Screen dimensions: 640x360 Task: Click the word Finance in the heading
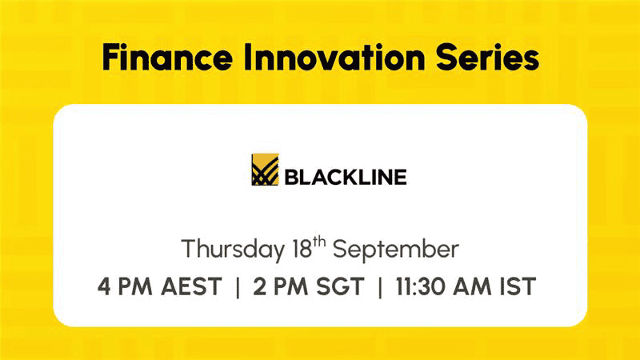pos(167,57)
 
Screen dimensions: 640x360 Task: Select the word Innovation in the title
pos(334,57)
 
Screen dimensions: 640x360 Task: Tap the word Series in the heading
pos(487,57)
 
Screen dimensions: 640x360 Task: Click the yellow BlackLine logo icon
pos(266,170)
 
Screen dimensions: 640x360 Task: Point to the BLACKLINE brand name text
pos(346,177)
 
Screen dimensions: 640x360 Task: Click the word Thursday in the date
pos(233,250)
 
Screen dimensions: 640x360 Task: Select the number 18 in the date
pos(302,249)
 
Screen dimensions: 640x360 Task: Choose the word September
pos(396,250)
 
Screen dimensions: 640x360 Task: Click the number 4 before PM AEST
pos(104,286)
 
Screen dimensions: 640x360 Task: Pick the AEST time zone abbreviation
pos(191,286)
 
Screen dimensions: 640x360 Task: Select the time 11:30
pos(421,286)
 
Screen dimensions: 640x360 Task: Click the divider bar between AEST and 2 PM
pos(238,287)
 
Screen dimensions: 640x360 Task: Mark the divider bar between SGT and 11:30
pos(381,287)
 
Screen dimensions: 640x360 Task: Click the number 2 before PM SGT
pos(259,286)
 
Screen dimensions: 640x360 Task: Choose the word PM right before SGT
pos(290,286)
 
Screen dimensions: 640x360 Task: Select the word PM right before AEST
pos(135,286)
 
